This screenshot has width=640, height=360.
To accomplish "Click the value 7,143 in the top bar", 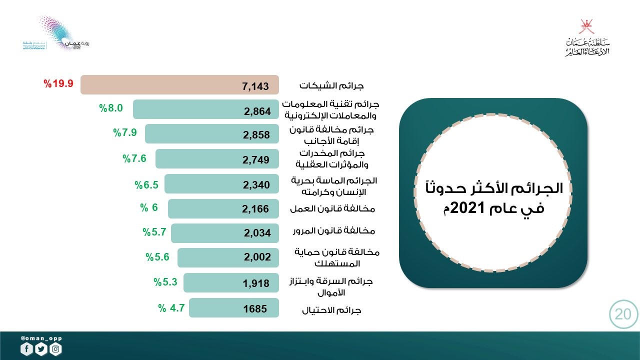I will pos(255,86).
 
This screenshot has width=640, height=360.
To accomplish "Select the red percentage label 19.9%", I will pos(58,83).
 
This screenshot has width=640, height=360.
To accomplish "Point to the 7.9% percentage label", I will pos(124,133).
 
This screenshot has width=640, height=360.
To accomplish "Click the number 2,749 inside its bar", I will pos(256,160).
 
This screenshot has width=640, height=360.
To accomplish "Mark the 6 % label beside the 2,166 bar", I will pos(148,208).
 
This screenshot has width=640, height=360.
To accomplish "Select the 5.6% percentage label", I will pos(157,257).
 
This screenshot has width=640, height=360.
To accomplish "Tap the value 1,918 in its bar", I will pos(256,283).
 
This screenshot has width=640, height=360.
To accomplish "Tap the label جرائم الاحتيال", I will pos(331,310).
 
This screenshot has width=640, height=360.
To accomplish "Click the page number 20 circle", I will pos(623,314).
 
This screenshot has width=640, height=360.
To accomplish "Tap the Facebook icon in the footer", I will pos(26,349).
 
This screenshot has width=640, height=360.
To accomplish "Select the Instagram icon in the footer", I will pos(56,349).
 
